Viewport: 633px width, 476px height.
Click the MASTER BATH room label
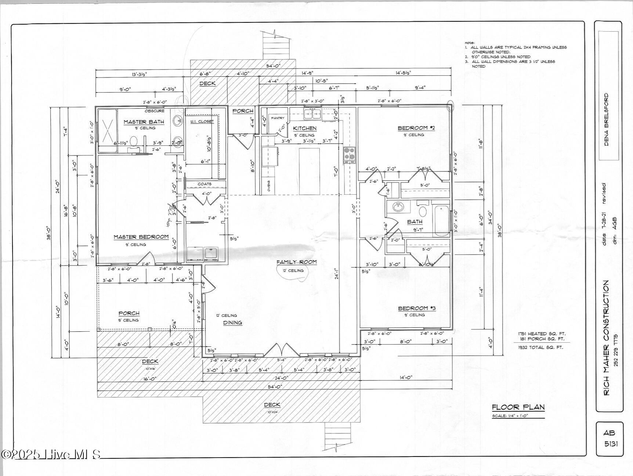[x=144, y=122]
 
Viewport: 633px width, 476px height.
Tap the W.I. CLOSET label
[x=202, y=122]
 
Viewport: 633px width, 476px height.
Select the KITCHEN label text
[x=305, y=128]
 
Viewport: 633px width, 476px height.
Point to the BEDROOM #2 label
[x=416, y=128]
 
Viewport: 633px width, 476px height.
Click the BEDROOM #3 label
[x=416, y=309]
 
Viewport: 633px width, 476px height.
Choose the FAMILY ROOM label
[x=296, y=262]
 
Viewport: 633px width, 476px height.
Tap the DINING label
[x=233, y=323]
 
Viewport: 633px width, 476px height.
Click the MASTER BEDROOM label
[x=141, y=237]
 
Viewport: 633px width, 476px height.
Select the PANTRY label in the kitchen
[x=278, y=118]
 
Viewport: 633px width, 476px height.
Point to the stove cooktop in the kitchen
[x=349, y=155]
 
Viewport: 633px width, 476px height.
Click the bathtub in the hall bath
[x=441, y=221]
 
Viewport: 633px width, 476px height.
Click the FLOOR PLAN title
[x=518, y=407]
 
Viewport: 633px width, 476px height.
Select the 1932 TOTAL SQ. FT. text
[x=540, y=347]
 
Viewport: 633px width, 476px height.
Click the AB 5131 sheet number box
[x=609, y=439]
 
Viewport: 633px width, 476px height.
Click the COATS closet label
[x=205, y=184]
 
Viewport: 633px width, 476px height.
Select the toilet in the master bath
[x=134, y=141]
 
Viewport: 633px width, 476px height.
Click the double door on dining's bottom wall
[x=281, y=350]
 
